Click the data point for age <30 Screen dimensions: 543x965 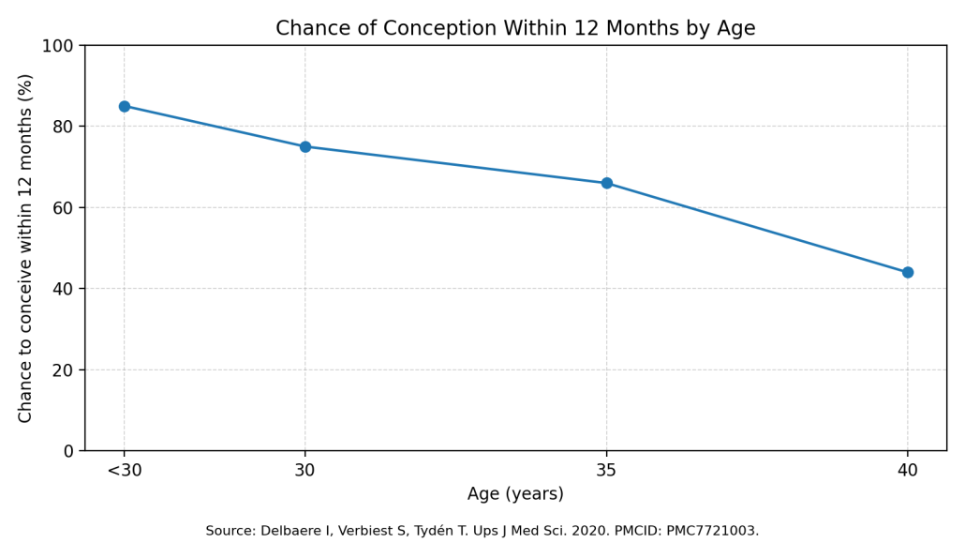coord(125,106)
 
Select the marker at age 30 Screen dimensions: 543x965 coord(305,146)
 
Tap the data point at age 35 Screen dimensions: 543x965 coord(607,183)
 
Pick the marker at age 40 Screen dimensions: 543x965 coord(908,273)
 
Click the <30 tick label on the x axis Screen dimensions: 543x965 coord(125,471)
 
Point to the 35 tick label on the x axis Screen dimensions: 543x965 coord(607,471)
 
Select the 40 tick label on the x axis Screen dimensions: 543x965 coord(908,471)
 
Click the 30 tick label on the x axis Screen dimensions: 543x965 coord(305,471)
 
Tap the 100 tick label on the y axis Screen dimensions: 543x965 coord(58,46)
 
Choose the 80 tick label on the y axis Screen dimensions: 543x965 coord(62,127)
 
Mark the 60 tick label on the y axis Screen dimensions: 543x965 coord(62,208)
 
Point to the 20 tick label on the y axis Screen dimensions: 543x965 coord(62,370)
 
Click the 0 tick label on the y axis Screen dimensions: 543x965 coord(67,451)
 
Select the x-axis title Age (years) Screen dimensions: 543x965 coord(515,494)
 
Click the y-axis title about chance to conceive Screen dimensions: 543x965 coord(26,248)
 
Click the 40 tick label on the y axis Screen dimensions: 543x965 coord(62,289)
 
